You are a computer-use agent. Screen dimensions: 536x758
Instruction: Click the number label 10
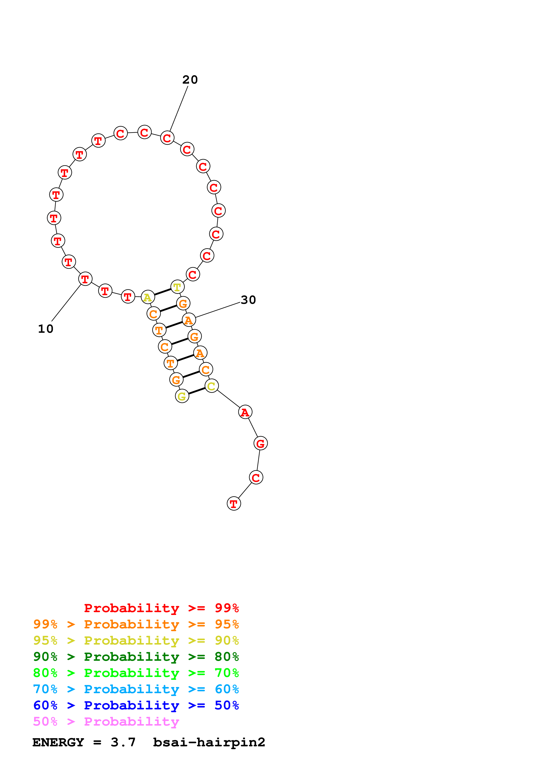coord(46,329)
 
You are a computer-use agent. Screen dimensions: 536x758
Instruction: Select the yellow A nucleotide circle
coord(148,297)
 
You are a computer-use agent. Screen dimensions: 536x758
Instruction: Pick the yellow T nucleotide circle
coord(177,287)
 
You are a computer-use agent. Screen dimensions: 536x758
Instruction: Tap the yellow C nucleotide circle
coord(211,386)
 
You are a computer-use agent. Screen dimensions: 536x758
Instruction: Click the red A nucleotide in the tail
coord(245,412)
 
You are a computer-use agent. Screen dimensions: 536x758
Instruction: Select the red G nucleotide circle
coord(261,443)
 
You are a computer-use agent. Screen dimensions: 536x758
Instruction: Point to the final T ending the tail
coord(234,504)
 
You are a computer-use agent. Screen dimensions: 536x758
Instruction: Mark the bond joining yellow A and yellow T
coord(162,292)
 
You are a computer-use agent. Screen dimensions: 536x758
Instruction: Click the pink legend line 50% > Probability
coord(106,722)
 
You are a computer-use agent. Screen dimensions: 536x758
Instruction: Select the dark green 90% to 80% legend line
coord(136,657)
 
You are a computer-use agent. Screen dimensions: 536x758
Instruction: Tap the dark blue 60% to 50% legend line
coord(136,705)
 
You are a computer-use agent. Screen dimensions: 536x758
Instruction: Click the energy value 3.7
coord(123,742)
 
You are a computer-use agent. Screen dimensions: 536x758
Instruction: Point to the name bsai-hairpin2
coord(209,742)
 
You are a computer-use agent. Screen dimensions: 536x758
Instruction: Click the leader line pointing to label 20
coord(179,109)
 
